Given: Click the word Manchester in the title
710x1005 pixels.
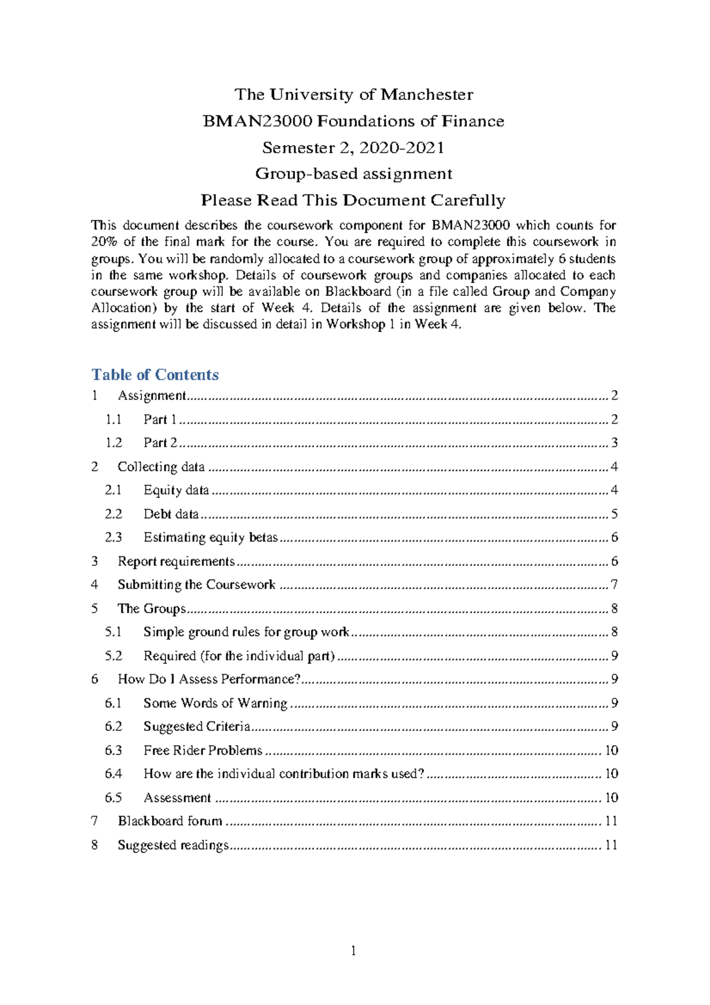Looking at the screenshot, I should coord(427,95).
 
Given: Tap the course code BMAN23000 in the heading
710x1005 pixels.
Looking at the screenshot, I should coord(257,121).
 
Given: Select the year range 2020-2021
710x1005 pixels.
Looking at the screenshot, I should coord(401,147).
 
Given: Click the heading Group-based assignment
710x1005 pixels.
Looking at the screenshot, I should coord(354,173).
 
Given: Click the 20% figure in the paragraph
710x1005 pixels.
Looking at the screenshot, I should coord(104,241).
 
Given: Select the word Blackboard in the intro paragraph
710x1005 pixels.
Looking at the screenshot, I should coord(357,291).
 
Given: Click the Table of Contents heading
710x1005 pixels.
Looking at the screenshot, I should coord(155,375).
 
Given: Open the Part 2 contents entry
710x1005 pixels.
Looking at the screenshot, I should coord(160,443).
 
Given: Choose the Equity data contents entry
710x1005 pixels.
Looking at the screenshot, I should coord(176,490).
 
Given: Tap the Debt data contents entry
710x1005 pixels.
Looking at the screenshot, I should coord(170,514).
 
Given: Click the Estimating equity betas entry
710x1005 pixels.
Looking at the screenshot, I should coord(210,537).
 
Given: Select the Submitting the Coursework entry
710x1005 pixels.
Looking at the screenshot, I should coord(196,585).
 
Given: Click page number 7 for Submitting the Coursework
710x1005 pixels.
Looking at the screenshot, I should coord(614,585).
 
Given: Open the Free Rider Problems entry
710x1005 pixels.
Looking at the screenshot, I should coord(202,750).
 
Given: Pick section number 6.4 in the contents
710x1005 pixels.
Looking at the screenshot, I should coord(113,774).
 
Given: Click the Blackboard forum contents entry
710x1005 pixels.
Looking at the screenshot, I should coord(170,821).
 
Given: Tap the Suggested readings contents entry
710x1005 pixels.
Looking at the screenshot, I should coord(173,845).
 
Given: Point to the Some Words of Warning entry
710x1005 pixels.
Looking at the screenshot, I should coord(215,703).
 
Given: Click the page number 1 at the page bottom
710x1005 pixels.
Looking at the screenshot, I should coord(354,951).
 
